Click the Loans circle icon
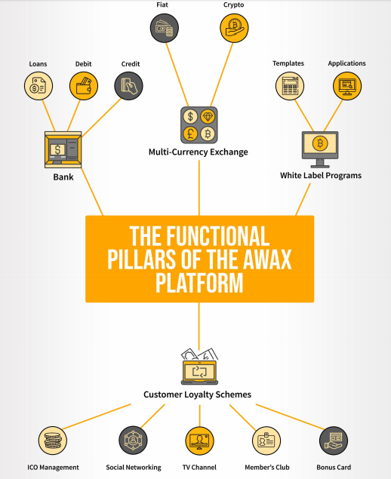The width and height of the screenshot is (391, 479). (x=38, y=86)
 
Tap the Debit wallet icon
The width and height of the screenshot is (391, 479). (x=84, y=86)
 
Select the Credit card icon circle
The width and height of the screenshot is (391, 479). (x=128, y=86)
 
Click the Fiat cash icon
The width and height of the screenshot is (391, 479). (x=165, y=28)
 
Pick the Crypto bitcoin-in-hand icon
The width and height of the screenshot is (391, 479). (x=234, y=28)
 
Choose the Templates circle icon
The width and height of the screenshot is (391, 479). (x=290, y=86)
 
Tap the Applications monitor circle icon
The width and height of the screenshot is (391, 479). (x=347, y=86)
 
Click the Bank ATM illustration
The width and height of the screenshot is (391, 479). (x=63, y=149)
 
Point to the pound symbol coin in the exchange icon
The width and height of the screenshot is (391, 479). (x=190, y=134)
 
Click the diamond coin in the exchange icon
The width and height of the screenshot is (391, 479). (x=208, y=116)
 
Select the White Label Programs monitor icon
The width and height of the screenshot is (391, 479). (x=320, y=149)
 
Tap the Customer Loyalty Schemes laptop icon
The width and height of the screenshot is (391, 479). (x=199, y=367)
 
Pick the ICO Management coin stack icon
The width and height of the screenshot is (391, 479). (x=53, y=441)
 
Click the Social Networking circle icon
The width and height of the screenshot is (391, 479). (x=133, y=441)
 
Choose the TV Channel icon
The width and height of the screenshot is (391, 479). (x=199, y=441)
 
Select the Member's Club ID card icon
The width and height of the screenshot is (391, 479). (x=266, y=441)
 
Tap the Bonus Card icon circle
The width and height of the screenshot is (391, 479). (x=334, y=441)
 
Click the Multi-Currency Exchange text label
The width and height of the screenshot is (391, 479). (x=198, y=152)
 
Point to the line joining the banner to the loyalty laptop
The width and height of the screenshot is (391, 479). (x=199, y=327)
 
